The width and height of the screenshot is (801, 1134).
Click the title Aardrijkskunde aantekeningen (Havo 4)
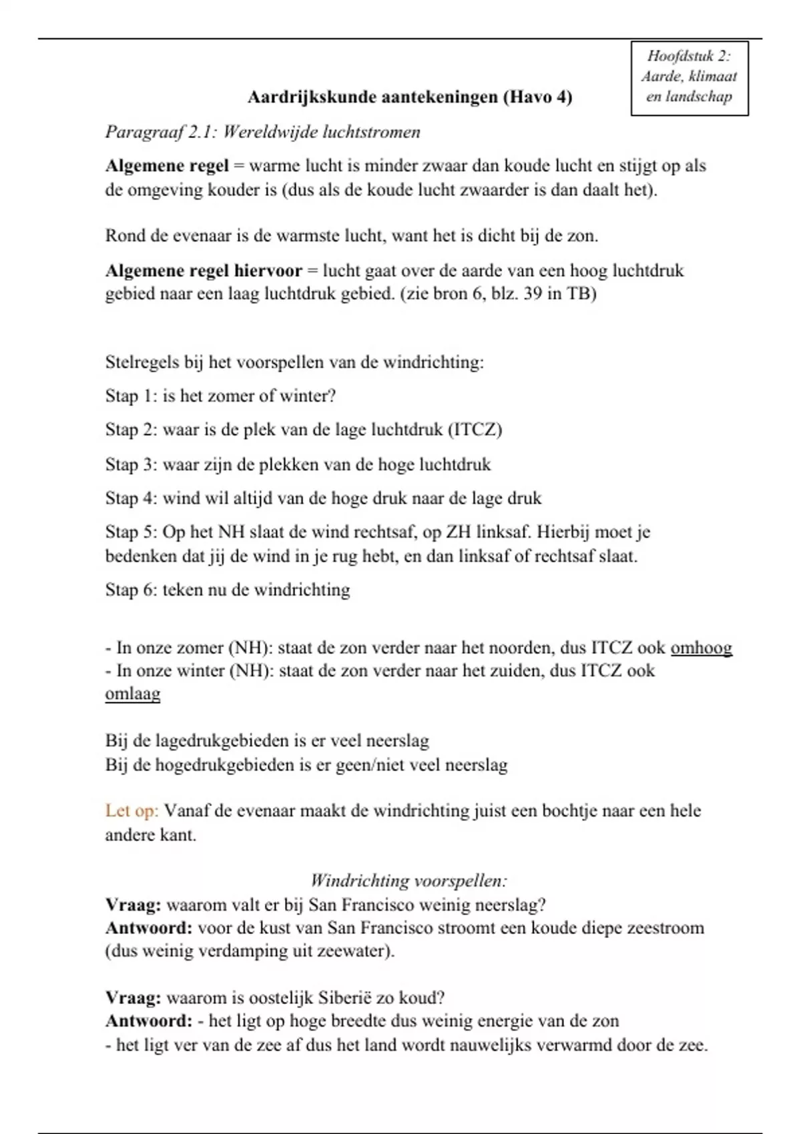(x=410, y=97)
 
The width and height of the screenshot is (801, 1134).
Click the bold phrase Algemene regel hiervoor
(x=203, y=271)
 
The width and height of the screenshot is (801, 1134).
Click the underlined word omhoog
(x=701, y=648)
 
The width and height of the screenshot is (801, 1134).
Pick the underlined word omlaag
(x=133, y=694)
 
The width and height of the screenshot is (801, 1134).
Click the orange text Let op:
(x=131, y=811)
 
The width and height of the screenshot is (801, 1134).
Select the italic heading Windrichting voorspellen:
(x=409, y=881)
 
